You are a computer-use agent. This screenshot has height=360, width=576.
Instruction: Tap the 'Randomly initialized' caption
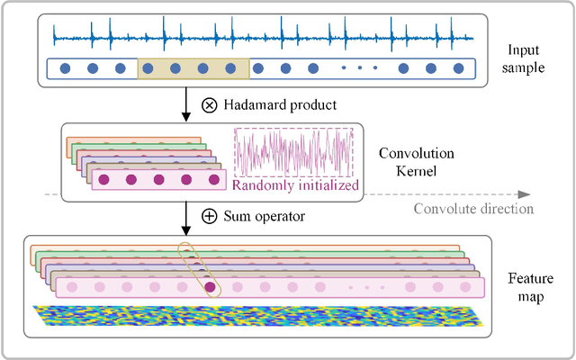pos(295,186)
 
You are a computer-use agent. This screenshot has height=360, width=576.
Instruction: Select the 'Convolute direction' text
pos(473,209)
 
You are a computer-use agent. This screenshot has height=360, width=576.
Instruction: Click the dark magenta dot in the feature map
pos(210,287)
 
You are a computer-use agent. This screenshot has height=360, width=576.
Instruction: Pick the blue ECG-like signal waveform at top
pos(261,34)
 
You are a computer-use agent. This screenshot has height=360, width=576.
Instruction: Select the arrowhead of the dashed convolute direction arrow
pos(525,193)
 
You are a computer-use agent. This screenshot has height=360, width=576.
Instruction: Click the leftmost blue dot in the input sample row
pos(64,68)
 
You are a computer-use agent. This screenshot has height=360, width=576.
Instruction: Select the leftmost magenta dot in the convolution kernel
pos(103,180)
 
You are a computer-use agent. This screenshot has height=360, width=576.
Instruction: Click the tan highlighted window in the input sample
pos(193,68)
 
